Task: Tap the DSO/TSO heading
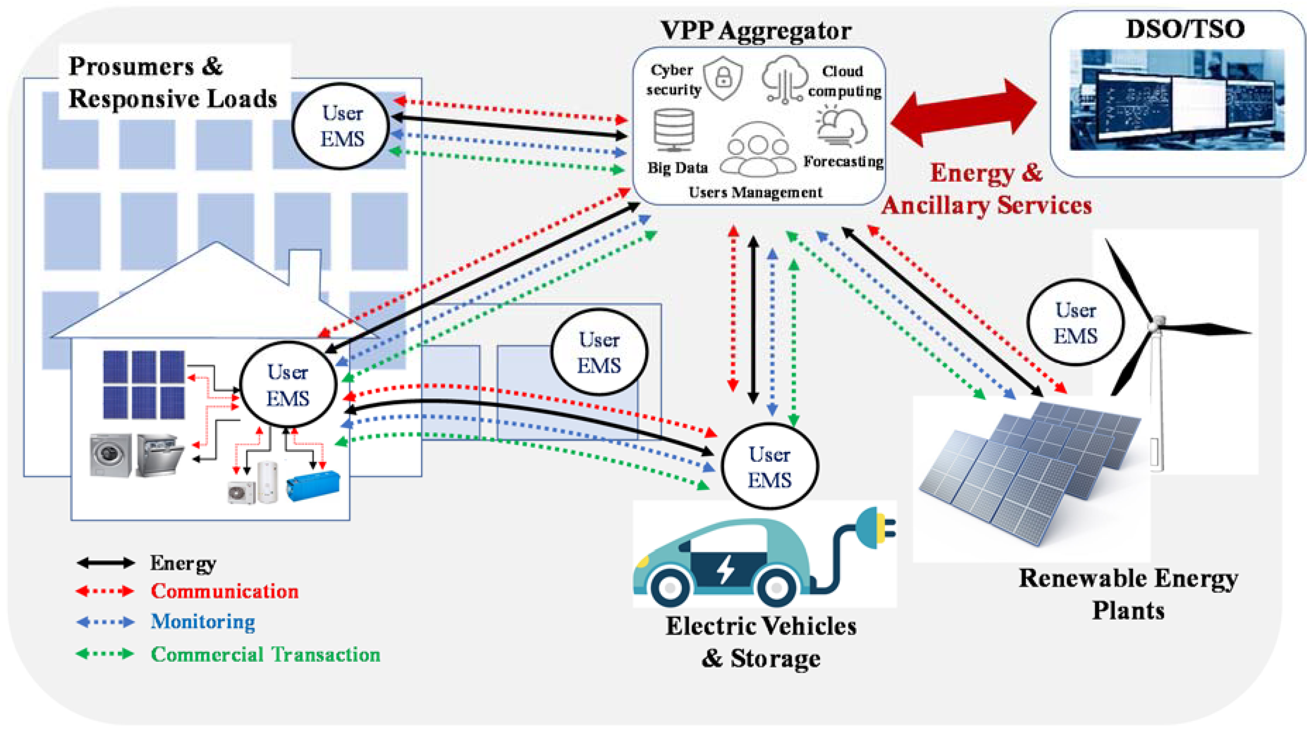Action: pyautogui.click(x=1185, y=29)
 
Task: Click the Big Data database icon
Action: pyautogui.click(x=674, y=130)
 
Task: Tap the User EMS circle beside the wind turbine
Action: pyautogui.click(x=1075, y=322)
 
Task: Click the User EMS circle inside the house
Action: pyautogui.click(x=288, y=385)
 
